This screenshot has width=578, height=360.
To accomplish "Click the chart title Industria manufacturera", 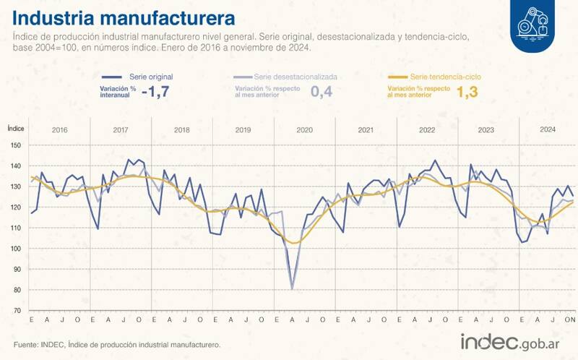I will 123,16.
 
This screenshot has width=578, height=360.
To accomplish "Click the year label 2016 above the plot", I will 60,130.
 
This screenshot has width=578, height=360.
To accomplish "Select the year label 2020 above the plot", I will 304,130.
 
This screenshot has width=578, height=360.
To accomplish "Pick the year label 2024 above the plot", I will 548,130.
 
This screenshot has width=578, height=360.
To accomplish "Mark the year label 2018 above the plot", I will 182,130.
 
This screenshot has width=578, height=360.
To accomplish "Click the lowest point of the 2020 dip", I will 292,289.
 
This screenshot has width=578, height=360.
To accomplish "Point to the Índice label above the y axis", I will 17,127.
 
